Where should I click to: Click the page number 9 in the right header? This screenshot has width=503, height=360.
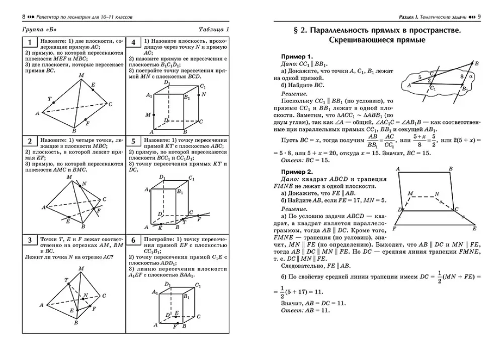[x=479, y=17]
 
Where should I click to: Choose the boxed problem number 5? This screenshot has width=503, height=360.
[x=133, y=141]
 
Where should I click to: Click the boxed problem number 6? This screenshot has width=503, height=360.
[x=133, y=240]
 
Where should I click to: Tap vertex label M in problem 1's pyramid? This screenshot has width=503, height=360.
[x=81, y=75]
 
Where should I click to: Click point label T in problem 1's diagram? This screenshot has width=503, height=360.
[x=49, y=99]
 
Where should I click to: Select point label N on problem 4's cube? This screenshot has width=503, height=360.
[x=204, y=94]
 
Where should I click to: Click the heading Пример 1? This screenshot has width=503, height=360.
[x=297, y=56]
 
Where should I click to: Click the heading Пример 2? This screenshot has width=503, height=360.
[x=297, y=172]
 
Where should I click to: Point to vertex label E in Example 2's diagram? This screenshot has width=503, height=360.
[x=474, y=229]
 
